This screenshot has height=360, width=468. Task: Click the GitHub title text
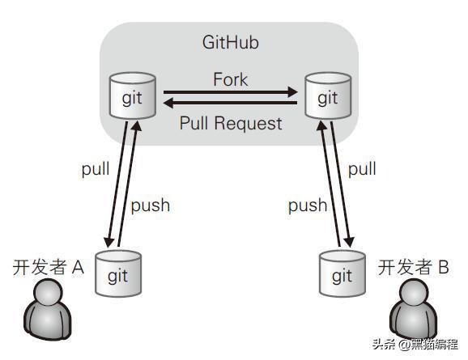231,42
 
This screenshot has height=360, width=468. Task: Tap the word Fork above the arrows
231,79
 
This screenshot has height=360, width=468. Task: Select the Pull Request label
231,123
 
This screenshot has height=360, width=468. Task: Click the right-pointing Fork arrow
231,92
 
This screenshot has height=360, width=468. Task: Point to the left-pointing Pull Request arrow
231,104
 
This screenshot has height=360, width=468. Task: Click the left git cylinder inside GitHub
133,95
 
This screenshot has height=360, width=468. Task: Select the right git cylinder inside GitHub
328,95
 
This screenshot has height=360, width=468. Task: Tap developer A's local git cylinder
118,273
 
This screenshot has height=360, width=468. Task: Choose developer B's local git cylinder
342,273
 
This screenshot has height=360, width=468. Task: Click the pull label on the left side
96,169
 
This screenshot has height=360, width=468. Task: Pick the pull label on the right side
362,169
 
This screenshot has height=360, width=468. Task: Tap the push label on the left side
151,205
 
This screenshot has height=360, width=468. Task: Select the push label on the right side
308,205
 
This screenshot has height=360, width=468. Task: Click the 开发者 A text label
49,267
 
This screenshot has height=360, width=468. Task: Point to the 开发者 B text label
414,267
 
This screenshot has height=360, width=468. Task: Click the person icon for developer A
48,309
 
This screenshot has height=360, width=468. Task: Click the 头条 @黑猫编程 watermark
415,345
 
